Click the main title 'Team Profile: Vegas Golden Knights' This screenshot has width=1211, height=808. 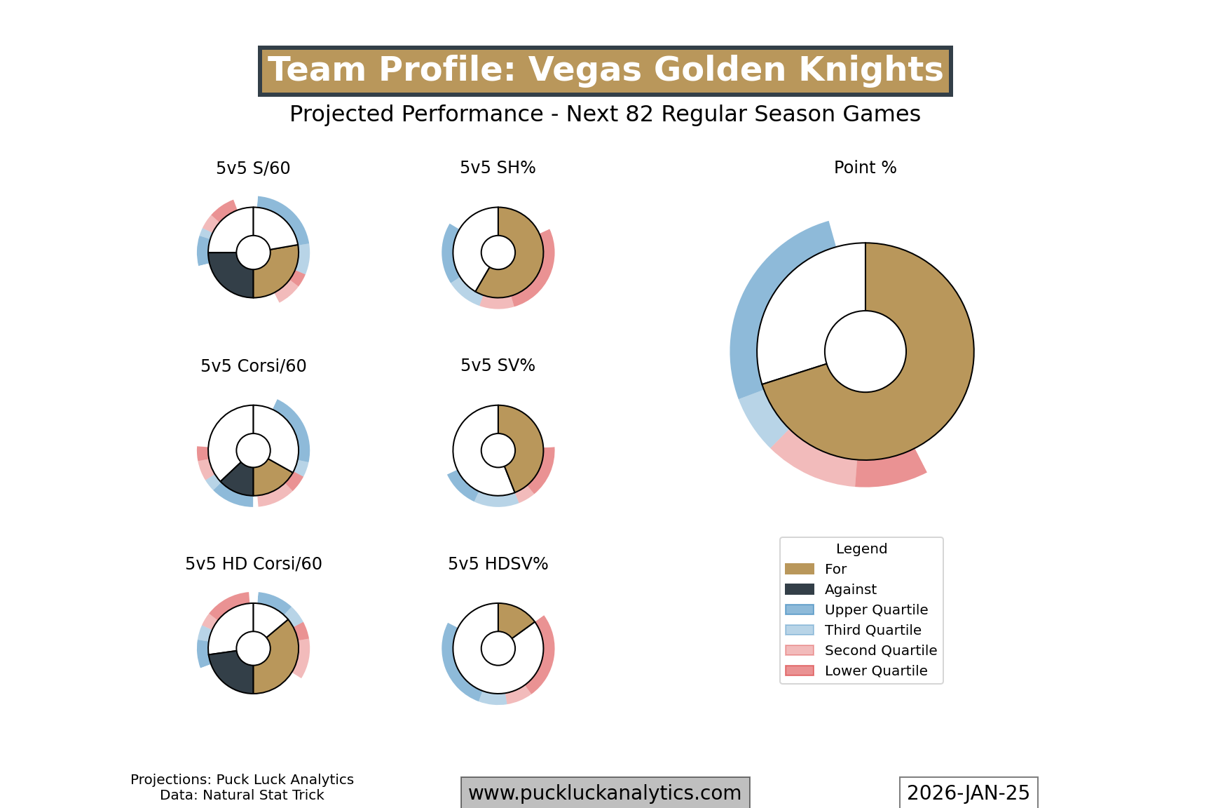pyautogui.click(x=605, y=71)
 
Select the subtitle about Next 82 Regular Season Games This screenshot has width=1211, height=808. pyautogui.click(x=605, y=114)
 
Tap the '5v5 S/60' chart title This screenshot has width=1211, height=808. pyautogui.click(x=253, y=168)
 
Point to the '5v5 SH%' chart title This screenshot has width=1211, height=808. pyautogui.click(x=498, y=168)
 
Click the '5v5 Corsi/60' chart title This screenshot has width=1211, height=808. pyautogui.click(x=253, y=366)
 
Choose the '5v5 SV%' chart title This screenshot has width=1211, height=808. pyautogui.click(x=498, y=365)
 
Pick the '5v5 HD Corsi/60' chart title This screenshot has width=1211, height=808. pyautogui.click(x=253, y=564)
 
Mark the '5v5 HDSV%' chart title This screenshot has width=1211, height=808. pyautogui.click(x=498, y=564)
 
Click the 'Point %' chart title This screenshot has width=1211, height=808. pyautogui.click(x=865, y=168)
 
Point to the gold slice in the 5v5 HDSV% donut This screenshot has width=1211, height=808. pyautogui.click(x=514, y=619)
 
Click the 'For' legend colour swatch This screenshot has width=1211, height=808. pyautogui.click(x=800, y=569)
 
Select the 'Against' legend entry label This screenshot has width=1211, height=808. pyautogui.click(x=850, y=589)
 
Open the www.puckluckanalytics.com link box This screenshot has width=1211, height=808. pyautogui.click(x=605, y=793)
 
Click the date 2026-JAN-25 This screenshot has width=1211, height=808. pyautogui.click(x=969, y=793)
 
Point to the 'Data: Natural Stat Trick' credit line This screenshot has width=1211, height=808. pyautogui.click(x=242, y=795)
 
